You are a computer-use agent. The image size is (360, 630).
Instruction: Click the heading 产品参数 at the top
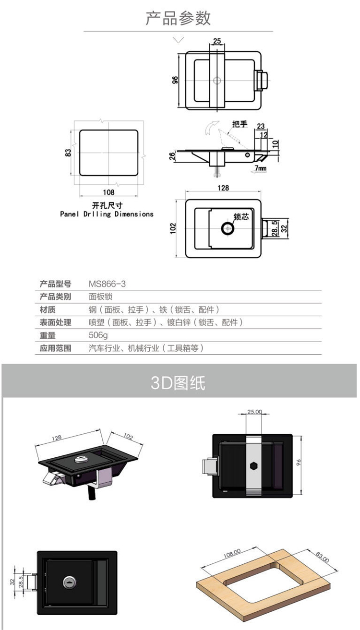tap(178, 18)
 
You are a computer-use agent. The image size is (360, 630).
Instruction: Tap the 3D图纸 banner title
tap(178, 382)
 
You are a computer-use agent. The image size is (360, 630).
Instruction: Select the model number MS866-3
tap(107, 284)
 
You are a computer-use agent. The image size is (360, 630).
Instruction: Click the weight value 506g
tap(98, 335)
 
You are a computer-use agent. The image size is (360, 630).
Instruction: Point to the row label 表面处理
tap(55, 322)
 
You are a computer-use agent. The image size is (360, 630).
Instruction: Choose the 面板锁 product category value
tap(100, 297)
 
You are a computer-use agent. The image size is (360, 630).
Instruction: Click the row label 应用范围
tap(55, 348)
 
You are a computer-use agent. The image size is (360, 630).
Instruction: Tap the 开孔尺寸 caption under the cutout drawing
tap(107, 205)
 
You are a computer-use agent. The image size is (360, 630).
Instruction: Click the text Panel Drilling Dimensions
tap(107, 214)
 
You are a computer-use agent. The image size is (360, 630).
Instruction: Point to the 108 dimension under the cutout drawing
tap(108, 192)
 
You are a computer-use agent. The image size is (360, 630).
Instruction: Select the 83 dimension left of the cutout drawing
tap(68, 153)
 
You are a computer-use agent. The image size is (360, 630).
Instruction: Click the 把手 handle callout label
tap(240, 124)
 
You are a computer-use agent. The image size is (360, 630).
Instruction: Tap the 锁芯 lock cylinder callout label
tap(241, 216)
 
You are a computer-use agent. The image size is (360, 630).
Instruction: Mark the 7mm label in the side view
tap(261, 168)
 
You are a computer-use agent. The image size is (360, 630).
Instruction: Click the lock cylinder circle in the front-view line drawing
tap(228, 228)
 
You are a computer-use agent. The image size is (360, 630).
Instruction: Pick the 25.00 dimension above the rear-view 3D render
tap(254, 412)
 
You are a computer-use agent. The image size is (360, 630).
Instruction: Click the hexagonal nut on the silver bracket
tap(254, 466)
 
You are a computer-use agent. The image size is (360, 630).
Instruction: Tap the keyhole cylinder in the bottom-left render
tap(69, 582)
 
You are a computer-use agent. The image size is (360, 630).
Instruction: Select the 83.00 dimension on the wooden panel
tap(322, 557)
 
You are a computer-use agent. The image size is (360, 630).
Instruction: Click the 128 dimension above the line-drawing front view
tap(223, 188)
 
